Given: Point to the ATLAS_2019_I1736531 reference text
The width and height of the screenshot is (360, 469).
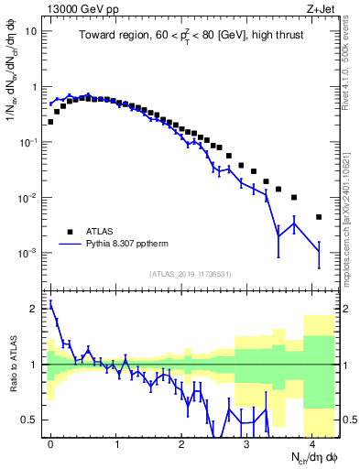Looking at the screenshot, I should click(191, 274).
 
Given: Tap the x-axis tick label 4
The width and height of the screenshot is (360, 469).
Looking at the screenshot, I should click(312, 442).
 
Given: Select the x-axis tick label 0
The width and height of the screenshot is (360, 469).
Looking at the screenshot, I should click(50, 442).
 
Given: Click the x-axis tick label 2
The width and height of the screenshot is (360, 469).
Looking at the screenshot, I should click(181, 442).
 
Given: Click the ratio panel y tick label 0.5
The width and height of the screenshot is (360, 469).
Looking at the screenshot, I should click(30, 420).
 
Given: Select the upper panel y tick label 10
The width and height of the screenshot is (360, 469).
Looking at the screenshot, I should click(30, 31).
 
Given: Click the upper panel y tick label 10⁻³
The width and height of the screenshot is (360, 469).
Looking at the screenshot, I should click(28, 253).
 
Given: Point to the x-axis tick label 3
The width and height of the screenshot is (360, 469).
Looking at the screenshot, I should click(247, 442).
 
